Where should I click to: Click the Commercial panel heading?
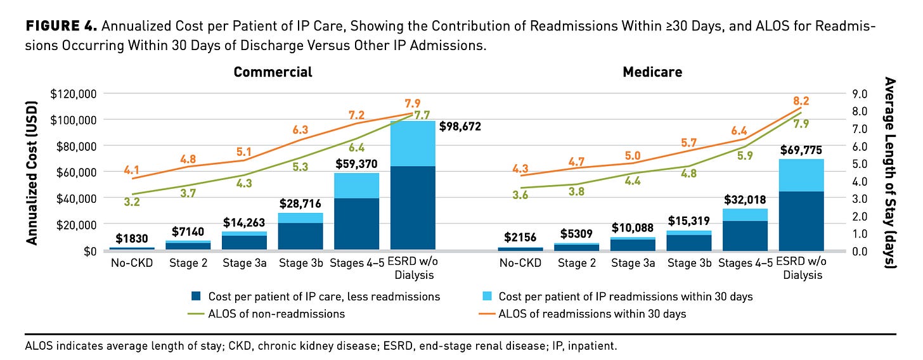click(273, 72)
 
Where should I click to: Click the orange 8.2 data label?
click(801, 101)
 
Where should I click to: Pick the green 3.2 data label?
click(132, 202)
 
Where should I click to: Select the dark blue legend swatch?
click(195, 297)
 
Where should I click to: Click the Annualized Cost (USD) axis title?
click(33, 172)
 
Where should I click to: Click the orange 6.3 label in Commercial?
click(300, 130)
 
